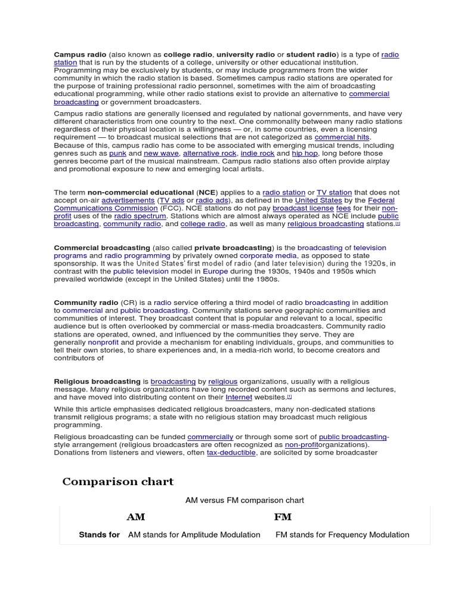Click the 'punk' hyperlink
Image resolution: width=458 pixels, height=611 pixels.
tap(117, 153)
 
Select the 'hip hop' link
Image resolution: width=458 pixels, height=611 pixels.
tap(305, 153)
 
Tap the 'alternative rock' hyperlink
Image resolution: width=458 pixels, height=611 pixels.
tap(209, 153)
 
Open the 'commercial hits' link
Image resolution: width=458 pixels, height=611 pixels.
tap(342, 137)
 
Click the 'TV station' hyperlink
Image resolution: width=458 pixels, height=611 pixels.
tap(334, 193)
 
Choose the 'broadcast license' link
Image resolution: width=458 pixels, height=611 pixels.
tap(303, 208)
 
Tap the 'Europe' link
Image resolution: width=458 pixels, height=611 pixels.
tap(215, 271)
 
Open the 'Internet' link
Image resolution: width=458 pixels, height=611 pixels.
tap(239, 397)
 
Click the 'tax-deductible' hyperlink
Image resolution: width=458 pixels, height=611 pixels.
tap(231, 453)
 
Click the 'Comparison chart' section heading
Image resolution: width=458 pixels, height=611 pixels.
tap(118, 482)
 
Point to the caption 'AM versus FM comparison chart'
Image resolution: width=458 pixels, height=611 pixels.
tap(245, 501)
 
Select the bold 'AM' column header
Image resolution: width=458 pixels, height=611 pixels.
tap(136, 517)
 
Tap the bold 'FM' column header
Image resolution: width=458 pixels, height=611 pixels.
tap(283, 517)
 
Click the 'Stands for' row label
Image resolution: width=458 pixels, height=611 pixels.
tap(99, 535)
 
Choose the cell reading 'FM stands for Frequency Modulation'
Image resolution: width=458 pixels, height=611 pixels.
tap(342, 535)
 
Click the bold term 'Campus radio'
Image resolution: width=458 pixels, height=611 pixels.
tap(80, 54)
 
